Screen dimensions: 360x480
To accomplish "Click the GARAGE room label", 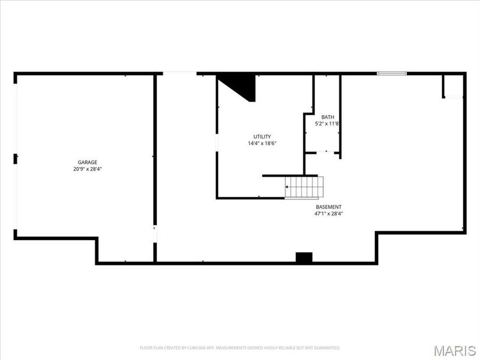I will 87,162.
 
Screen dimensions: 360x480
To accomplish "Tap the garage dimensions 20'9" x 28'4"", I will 87,169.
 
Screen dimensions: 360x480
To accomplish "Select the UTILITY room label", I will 262,137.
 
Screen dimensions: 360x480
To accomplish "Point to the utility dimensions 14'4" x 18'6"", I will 262,143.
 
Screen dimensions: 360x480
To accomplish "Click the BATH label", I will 327,117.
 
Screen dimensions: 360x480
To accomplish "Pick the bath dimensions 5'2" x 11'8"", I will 327,124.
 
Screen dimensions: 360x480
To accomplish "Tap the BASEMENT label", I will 329,207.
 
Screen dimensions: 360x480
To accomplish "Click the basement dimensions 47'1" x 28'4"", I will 329,214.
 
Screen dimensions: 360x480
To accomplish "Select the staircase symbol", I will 305,187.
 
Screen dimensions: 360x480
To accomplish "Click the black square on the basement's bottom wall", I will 303,257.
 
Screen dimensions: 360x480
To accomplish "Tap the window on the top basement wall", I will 392,73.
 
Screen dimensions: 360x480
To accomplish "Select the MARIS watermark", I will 454,350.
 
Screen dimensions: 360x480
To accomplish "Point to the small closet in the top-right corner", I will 454,86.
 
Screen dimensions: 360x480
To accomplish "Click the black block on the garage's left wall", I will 15,158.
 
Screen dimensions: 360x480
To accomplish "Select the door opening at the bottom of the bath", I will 322,153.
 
